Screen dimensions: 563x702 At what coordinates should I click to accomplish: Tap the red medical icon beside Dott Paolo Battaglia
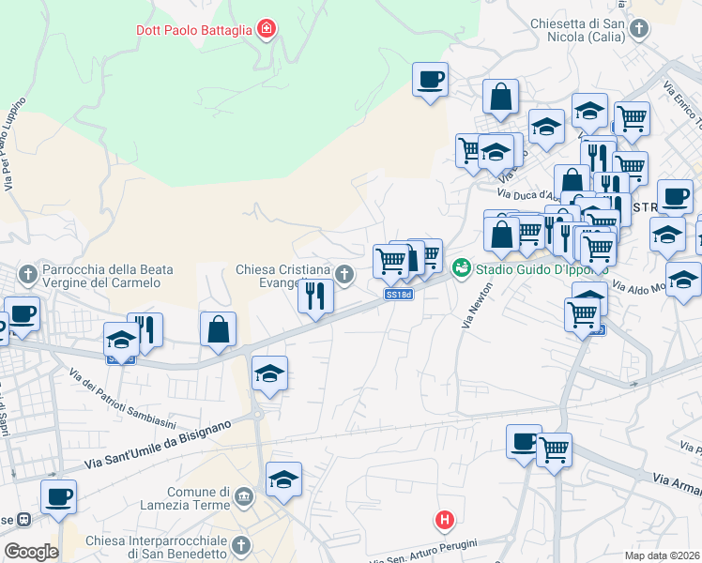coord(267,30)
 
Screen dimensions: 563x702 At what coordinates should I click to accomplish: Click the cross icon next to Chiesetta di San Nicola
coord(638,29)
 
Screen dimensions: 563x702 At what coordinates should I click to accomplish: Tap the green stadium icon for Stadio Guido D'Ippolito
coord(460,268)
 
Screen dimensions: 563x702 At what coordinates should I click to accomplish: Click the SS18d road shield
coord(399,295)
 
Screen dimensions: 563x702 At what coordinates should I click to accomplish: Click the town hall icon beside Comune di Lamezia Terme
coord(244,495)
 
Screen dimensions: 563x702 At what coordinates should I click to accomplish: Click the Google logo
coord(30,552)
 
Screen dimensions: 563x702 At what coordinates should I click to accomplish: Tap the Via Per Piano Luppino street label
coord(12,145)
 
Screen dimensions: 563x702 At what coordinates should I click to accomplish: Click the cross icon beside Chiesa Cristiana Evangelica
coord(344,274)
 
